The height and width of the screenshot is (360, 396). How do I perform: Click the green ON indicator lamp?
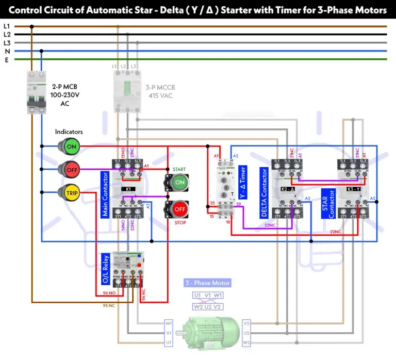71,146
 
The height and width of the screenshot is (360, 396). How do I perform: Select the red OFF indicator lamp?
71,169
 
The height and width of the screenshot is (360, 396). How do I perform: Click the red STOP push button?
179,209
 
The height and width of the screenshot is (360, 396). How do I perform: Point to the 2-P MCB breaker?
37,93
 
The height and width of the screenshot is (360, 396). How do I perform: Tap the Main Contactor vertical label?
105,194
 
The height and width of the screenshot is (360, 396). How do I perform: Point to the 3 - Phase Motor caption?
208,283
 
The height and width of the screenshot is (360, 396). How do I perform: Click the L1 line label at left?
6,26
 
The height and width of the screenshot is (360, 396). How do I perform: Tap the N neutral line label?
6,51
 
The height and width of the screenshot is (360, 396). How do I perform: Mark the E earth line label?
6,59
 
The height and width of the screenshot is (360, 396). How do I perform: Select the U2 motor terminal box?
246,333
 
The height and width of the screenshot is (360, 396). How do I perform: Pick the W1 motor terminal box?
169,323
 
